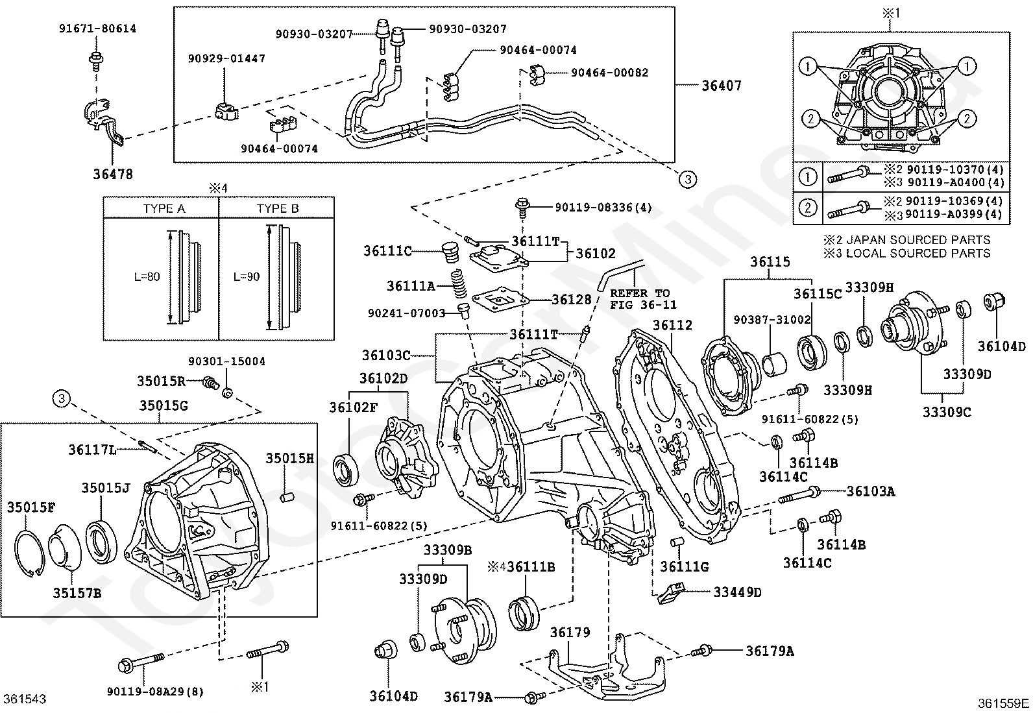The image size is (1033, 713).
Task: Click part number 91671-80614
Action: [x=98, y=29]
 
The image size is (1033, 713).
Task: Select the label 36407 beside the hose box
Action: [x=722, y=86]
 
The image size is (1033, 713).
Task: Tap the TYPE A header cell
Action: [x=164, y=208]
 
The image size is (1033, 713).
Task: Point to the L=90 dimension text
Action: [x=247, y=277]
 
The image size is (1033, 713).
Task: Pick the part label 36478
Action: [x=113, y=175]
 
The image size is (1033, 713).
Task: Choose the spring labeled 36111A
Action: [x=459, y=284]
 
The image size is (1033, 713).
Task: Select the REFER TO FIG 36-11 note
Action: [x=643, y=299]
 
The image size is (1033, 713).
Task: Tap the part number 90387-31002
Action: [x=772, y=320]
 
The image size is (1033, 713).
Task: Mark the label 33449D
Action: [x=737, y=592]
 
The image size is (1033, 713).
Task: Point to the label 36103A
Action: [x=871, y=492]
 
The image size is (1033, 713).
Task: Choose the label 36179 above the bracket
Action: [x=570, y=633]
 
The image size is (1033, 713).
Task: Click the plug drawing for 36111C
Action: [x=450, y=253]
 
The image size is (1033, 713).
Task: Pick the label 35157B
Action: [x=77, y=593]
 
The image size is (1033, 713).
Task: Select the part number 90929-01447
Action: [x=226, y=58]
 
